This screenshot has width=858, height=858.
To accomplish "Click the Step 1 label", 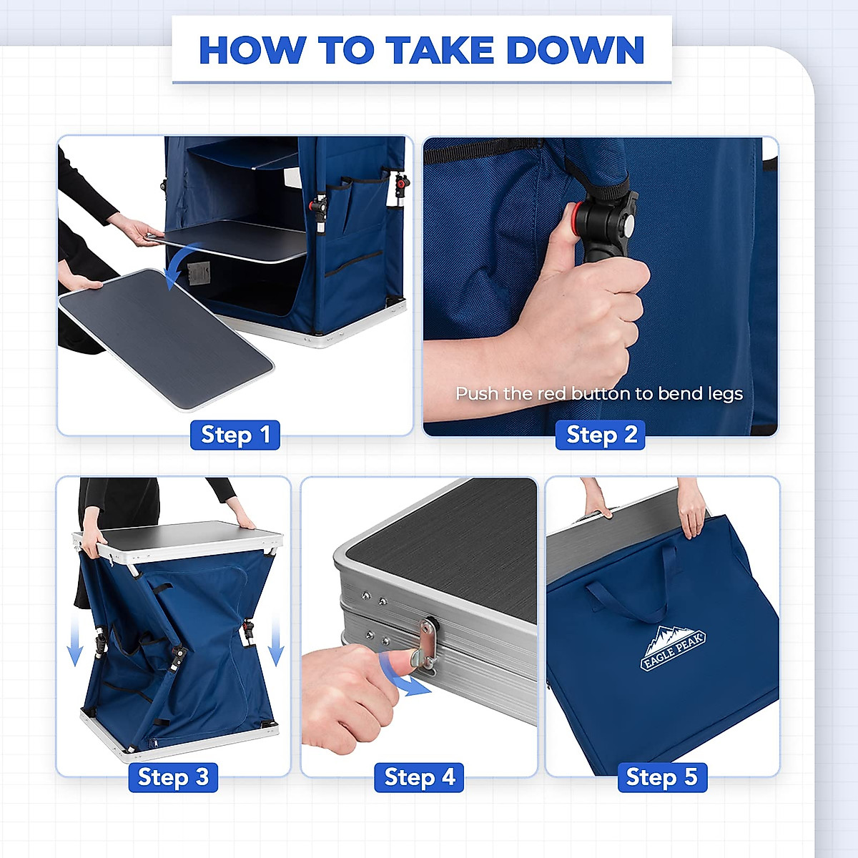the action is (235, 435).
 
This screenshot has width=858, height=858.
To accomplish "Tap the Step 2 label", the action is (600, 435).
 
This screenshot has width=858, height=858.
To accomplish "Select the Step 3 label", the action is (173, 777).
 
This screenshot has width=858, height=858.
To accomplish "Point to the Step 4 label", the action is (419, 777).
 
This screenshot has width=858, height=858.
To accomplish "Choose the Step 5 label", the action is (663, 777).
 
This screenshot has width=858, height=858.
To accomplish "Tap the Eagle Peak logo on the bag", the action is (672, 648).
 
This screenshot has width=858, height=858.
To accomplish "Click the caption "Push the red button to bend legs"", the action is (599, 393).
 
